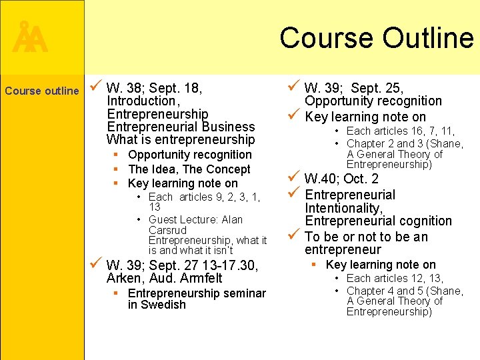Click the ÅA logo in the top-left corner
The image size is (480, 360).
pos(30,39)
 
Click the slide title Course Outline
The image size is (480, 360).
pos(377,37)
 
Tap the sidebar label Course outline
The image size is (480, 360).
pos(41,91)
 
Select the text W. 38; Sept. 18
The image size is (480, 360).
pos(154,88)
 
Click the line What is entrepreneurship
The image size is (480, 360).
pos(181,139)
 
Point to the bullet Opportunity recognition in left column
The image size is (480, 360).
pos(190,155)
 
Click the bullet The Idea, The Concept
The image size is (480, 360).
pos(189,169)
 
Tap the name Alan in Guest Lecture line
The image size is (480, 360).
pos(231,219)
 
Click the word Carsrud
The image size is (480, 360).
pos(167,230)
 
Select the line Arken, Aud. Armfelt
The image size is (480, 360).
pos(164,278)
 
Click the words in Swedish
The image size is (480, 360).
pos(157,305)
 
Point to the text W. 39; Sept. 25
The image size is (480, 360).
pos(354,88)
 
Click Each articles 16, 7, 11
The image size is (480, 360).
pos(400,131)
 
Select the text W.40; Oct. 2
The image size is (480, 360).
pos(341,179)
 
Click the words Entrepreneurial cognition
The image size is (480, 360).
pos(378,221)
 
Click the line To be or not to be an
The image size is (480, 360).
pos(366,237)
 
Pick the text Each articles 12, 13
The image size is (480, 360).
pos(395,278)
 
